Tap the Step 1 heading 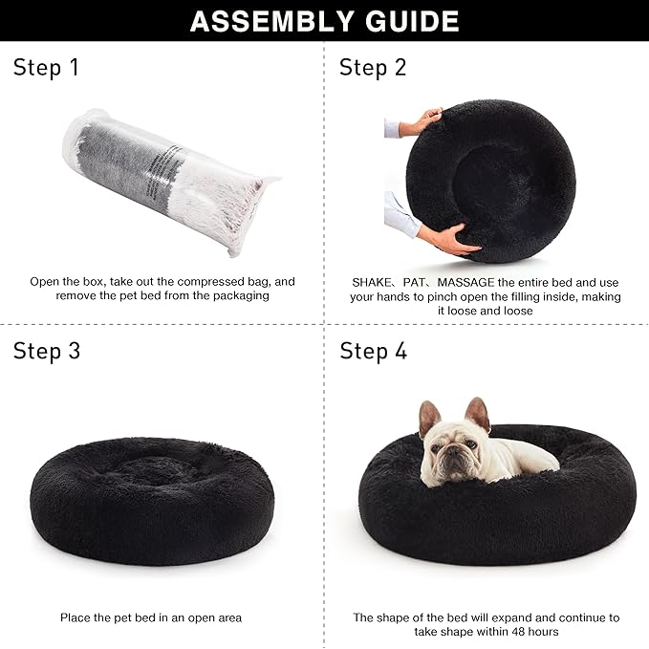[46, 68]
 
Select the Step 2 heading [373, 68]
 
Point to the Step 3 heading [46, 351]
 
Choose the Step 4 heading [373, 351]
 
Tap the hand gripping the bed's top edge [422, 122]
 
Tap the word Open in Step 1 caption [46, 282]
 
